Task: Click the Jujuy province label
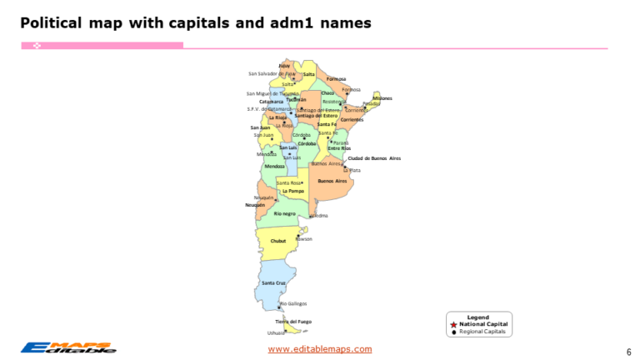284,65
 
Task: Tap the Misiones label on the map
382,98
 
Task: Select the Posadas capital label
371,104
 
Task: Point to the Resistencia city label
333,102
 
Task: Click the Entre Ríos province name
339,148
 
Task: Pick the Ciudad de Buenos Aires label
374,157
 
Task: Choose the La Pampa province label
292,191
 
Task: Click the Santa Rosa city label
288,182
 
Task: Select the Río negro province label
284,213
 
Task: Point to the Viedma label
319,216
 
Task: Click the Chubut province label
278,242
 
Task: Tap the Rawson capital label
304,239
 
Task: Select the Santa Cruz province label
273,283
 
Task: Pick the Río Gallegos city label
293,303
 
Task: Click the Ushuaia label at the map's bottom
276,332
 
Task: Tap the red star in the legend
453,324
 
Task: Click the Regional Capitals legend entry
482,331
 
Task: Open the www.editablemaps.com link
319,349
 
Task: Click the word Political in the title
50,22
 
